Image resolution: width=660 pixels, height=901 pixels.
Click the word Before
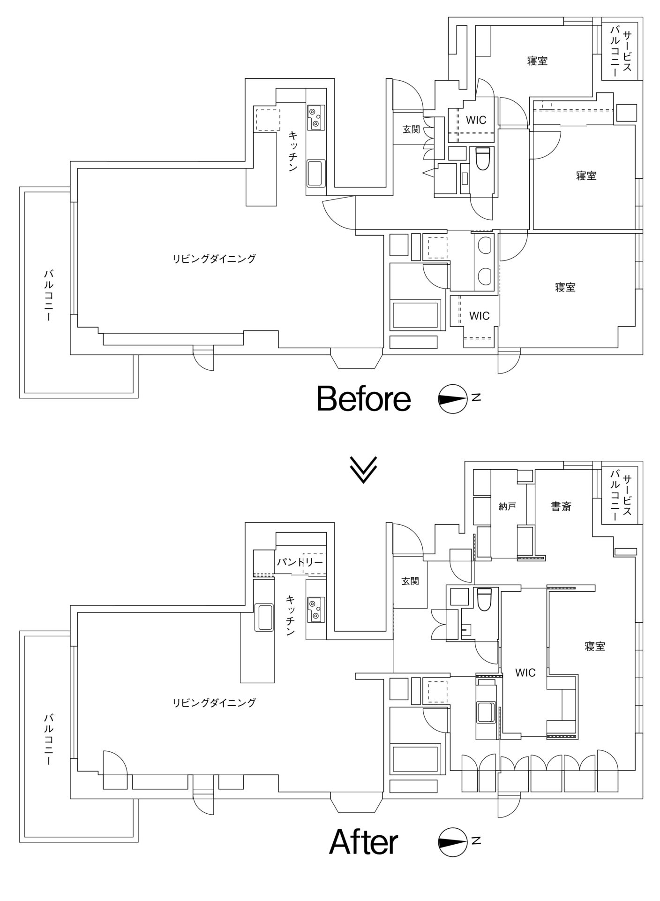coord(364,399)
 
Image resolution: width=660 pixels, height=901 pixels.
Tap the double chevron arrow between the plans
coord(363,469)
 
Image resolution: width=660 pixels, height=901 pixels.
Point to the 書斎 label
coord(561,506)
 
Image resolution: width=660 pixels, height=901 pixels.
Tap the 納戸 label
coord(508,506)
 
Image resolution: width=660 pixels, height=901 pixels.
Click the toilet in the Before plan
coord(483,159)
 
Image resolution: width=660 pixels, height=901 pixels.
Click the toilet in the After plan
coord(483,599)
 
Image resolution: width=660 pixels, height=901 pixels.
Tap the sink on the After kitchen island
coord(264,618)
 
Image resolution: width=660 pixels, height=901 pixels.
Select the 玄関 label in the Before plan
coord(411,130)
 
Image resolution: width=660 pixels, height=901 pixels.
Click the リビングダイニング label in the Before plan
coord(214,259)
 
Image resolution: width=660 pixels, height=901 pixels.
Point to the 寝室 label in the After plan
coord(595,646)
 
